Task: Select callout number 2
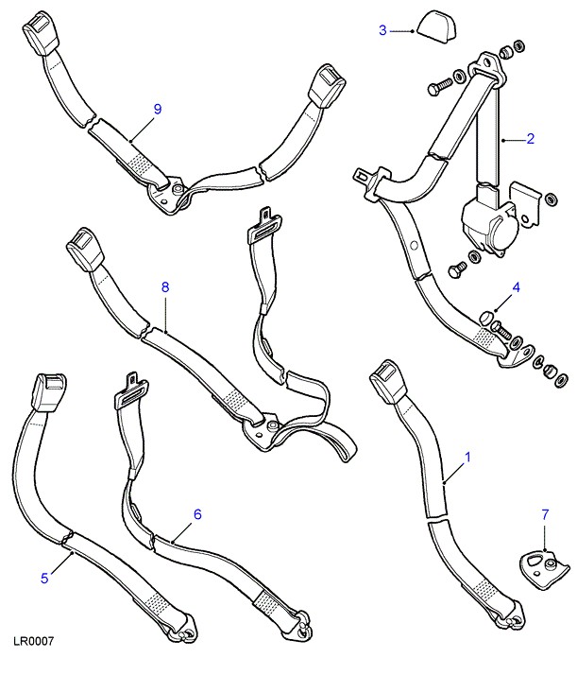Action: (x=530, y=139)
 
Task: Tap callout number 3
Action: (x=382, y=31)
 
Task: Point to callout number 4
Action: (x=517, y=286)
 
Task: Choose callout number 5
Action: (x=42, y=579)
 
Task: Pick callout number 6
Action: (x=197, y=514)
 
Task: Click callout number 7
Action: (x=544, y=514)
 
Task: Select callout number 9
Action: (x=157, y=109)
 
